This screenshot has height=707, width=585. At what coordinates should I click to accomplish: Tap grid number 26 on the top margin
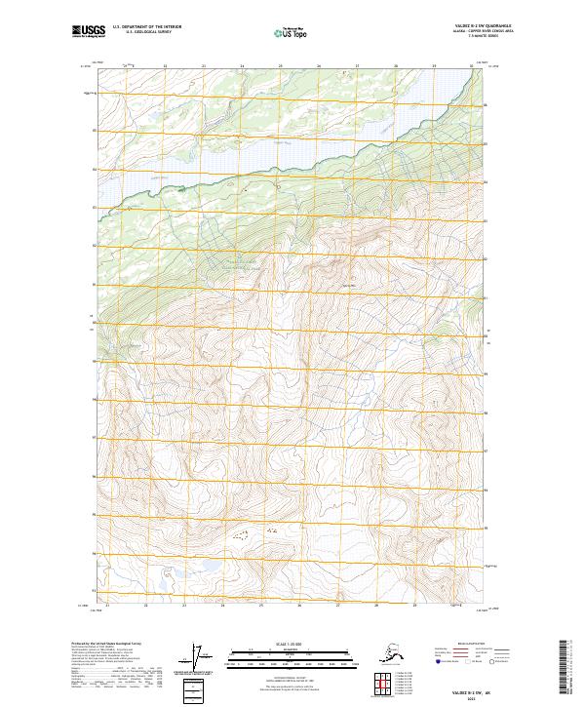[318, 66]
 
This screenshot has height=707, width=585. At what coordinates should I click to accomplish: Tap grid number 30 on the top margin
[472, 66]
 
